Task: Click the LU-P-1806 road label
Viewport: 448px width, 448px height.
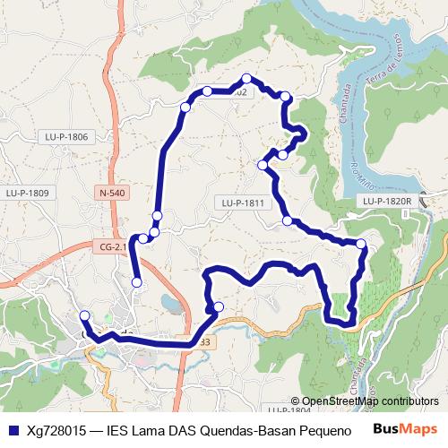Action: pos(66,137)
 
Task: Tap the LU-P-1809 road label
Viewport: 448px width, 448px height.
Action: pos(26,193)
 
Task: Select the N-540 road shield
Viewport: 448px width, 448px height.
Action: pos(112,193)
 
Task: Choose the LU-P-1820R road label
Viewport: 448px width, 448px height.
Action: pos(386,202)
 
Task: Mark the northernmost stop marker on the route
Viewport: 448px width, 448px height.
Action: pos(246,78)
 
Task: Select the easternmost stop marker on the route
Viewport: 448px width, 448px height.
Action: pos(361,244)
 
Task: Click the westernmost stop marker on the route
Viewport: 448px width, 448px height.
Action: pos(84,315)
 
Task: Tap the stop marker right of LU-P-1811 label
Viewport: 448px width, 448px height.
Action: pos(288,220)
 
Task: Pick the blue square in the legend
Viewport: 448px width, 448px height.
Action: pos(12,428)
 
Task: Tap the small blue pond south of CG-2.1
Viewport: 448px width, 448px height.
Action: pos(168,303)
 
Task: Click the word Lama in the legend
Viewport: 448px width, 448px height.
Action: pos(152,428)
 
